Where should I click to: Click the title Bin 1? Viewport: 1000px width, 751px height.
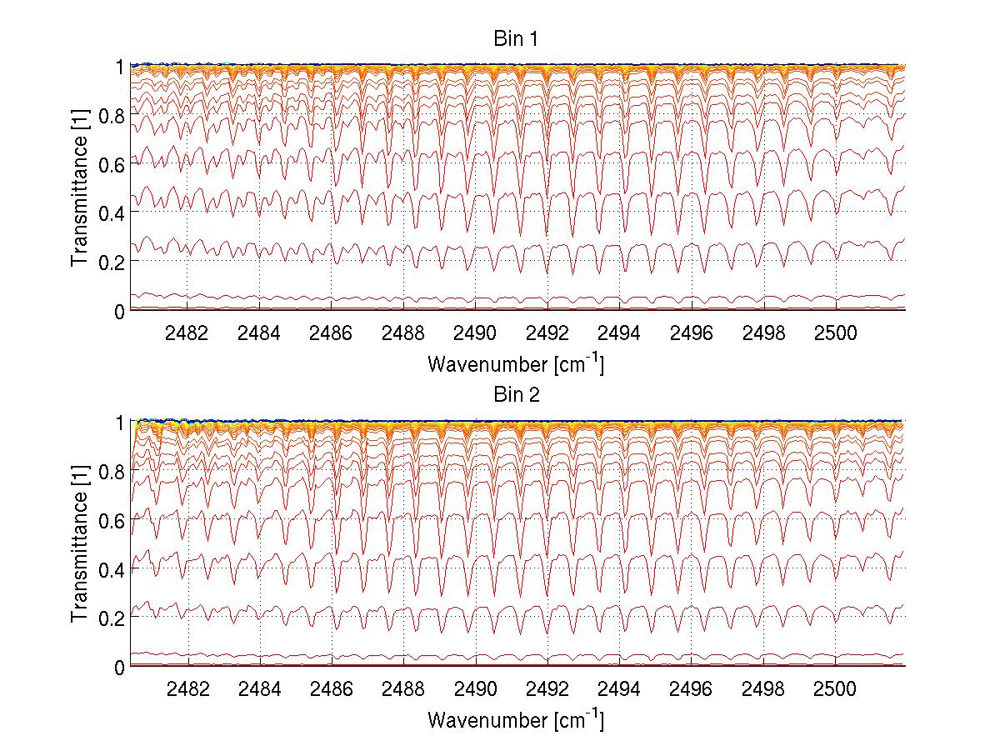[x=516, y=38]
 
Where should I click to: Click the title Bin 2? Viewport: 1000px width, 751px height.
[x=516, y=394]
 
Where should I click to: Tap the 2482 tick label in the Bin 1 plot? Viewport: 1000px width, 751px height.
[x=187, y=333]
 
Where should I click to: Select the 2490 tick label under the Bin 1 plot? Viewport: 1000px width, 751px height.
[x=475, y=333]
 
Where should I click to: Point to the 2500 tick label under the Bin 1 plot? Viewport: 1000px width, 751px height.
[x=835, y=333]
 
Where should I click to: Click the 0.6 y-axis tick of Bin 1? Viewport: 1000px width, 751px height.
[x=112, y=164]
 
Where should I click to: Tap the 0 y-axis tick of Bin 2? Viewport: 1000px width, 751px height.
[x=120, y=667]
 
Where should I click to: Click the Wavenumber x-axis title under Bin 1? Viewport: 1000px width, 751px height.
[x=516, y=363]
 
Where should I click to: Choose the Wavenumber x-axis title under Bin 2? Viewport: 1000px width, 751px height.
[x=516, y=719]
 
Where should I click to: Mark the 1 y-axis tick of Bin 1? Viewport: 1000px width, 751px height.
[x=120, y=67]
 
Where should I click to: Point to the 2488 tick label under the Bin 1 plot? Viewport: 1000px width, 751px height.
[x=403, y=333]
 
